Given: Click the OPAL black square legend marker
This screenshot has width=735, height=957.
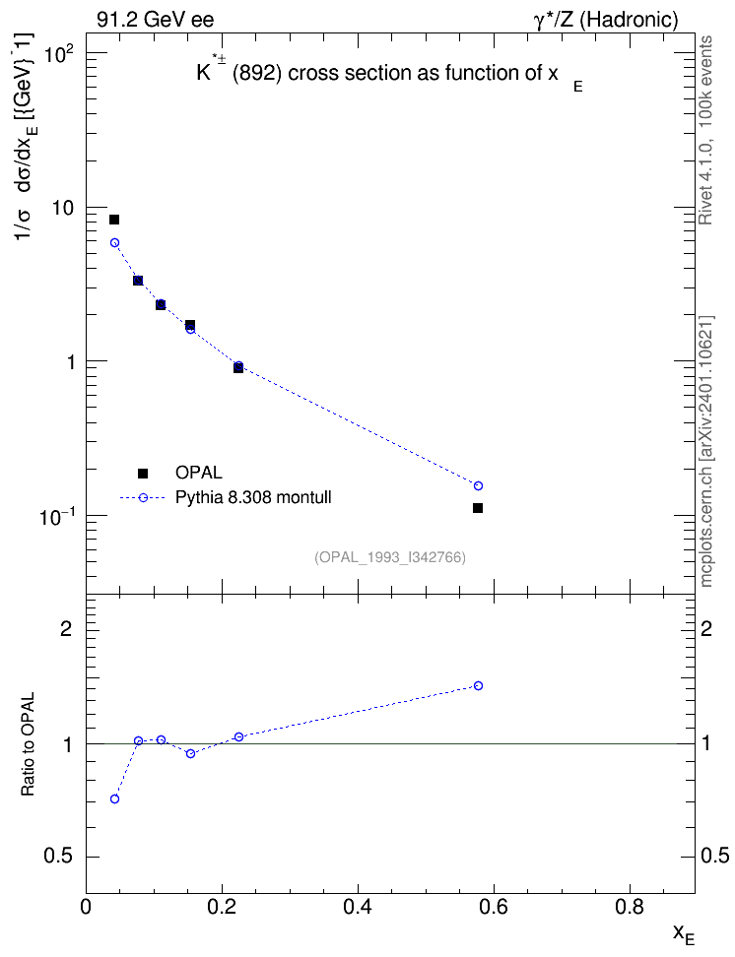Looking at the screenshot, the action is [x=143, y=473].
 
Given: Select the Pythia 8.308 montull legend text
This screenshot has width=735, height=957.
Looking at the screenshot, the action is [x=253, y=497].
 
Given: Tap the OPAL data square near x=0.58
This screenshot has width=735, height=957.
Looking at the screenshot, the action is [x=478, y=508].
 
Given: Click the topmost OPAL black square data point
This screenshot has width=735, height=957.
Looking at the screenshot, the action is [x=114, y=220].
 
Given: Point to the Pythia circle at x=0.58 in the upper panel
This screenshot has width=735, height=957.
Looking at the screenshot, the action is [x=479, y=485].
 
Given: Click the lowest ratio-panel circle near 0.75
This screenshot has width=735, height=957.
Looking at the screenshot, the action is [x=114, y=798].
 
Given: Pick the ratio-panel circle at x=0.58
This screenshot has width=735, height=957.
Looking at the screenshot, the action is [x=479, y=685].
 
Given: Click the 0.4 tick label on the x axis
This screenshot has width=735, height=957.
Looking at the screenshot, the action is [x=358, y=908].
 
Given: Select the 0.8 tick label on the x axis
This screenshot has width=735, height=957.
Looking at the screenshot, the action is [x=630, y=908].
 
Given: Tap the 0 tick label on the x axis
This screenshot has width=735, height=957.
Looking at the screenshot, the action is [x=86, y=908].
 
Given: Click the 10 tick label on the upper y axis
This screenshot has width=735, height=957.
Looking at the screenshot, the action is [x=62, y=209].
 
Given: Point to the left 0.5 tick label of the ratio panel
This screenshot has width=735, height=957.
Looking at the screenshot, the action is [x=58, y=857].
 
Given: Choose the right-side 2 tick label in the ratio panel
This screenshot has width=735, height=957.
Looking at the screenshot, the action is [x=706, y=628].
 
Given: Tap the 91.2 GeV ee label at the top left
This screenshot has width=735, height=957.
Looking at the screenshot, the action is [x=156, y=20].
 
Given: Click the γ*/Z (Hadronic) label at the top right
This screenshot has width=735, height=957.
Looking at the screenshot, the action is [x=606, y=20].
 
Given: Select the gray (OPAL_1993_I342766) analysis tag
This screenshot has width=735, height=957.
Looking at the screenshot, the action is [x=390, y=557].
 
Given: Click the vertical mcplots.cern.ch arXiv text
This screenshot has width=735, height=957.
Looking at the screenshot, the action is [x=706, y=451].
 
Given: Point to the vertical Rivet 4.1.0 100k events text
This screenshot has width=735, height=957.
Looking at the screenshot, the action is [x=705, y=130].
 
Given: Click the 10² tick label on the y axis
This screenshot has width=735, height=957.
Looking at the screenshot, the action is [x=59, y=54].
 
